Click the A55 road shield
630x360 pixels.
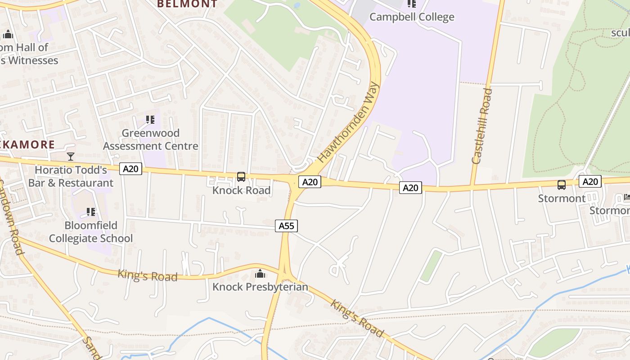(287, 225)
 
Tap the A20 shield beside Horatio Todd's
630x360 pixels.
(131, 169)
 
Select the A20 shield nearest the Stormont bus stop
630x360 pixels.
(590, 181)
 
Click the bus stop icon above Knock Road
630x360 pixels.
(241, 177)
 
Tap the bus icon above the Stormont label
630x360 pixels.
(562, 184)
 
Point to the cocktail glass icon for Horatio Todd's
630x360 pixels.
(71, 157)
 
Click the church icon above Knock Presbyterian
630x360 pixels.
(260, 274)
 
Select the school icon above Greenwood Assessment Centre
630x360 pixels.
(150, 120)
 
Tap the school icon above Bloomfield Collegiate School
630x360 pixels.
(91, 211)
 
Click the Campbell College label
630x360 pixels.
(412, 17)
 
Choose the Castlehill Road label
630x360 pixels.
(482, 126)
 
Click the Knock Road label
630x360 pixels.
(242, 190)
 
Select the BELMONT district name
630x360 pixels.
(187, 4)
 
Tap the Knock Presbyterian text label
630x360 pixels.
(260, 287)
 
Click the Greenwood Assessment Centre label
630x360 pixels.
(151, 139)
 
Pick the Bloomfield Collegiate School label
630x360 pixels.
(91, 232)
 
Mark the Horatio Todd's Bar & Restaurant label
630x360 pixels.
(71, 176)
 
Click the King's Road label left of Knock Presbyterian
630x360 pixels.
(148, 275)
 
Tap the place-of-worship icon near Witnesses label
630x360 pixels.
(8, 34)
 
